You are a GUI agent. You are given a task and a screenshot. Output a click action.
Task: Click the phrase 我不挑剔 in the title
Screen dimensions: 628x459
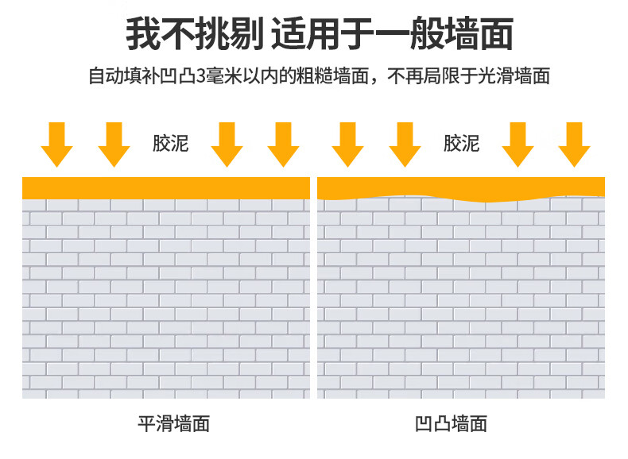194,36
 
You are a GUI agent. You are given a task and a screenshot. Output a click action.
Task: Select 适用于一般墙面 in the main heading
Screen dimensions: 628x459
392,36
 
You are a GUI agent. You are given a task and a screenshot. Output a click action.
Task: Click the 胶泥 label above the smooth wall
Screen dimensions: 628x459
170,144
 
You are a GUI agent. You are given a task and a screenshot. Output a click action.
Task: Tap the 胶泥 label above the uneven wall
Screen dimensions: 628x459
461,144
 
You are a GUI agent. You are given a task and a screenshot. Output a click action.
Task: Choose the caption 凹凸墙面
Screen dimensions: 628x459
451,423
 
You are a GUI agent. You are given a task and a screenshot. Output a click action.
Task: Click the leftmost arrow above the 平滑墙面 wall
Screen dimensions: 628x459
56,145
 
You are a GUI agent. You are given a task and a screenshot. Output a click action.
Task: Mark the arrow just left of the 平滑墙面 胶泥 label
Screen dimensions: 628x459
114,145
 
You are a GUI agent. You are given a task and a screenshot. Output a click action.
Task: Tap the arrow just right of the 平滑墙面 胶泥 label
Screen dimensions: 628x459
227,145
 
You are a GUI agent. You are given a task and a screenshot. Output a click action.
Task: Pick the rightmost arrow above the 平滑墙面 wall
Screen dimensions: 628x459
283,145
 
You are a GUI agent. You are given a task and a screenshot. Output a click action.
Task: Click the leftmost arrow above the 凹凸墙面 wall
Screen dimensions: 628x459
347,145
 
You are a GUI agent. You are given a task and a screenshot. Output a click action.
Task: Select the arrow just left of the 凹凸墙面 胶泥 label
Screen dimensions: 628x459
405,145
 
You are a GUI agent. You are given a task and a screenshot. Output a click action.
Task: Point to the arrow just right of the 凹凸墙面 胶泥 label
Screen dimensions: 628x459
518,145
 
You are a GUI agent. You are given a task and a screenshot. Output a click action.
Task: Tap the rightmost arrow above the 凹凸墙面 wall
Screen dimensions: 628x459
574,145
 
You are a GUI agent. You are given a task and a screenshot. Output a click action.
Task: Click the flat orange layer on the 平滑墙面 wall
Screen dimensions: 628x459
165,187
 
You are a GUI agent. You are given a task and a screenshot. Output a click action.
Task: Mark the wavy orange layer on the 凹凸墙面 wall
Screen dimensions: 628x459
461,187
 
